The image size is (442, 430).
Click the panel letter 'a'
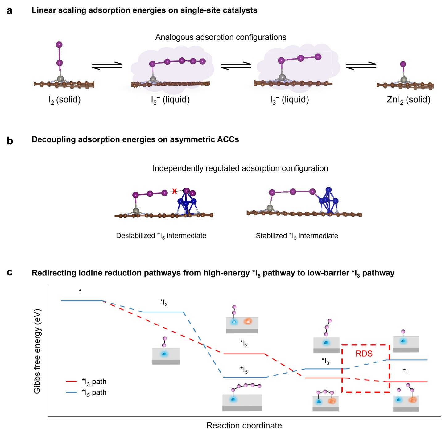pos(10,11)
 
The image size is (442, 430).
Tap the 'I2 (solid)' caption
pos(65,100)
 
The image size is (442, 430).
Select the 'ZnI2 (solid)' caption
pos(408,100)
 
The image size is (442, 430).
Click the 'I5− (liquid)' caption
pos(170,100)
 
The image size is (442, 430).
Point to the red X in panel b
pos(174,192)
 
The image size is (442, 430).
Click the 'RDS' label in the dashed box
pos(364,354)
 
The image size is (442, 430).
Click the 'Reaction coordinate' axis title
pos(244,425)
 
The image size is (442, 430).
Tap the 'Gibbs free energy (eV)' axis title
pos(37,351)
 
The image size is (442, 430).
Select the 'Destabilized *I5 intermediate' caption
pos(161,236)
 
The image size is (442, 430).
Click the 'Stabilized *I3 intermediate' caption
pos(297,236)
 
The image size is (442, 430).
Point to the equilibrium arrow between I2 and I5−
pos(107,66)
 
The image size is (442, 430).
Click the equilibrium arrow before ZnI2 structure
pos(361,66)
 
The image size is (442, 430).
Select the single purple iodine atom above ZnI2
pos(403,64)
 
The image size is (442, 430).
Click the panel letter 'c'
pos(10,272)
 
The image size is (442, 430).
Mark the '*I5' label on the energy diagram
pos(244,370)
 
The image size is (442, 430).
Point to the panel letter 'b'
pos(10,141)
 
